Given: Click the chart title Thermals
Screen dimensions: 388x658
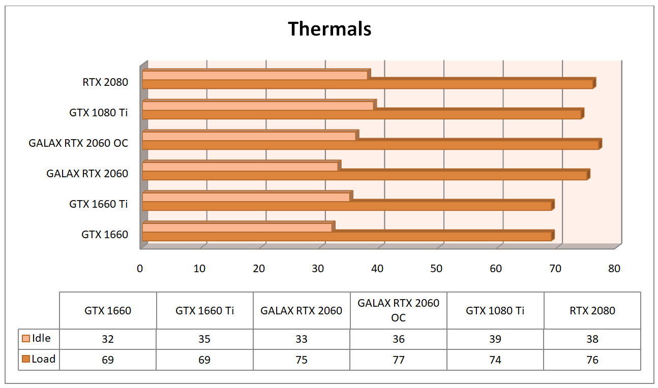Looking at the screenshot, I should click(x=330, y=29).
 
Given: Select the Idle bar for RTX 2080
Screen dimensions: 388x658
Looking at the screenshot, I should click(x=254, y=75).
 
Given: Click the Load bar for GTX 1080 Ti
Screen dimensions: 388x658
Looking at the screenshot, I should click(x=361, y=115).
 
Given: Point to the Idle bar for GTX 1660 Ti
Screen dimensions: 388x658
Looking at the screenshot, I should click(x=246, y=197).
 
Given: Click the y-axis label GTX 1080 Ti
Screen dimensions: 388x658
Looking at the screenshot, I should click(x=99, y=113).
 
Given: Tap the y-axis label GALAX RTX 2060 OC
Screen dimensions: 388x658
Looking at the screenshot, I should click(x=78, y=143).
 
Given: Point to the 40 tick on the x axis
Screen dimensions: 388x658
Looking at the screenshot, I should click(x=377, y=269).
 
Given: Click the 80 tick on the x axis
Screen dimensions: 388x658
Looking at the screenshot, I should click(x=614, y=269).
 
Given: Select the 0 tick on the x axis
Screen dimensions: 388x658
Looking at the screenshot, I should click(x=140, y=269).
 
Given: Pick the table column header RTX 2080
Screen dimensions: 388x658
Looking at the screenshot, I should click(x=592, y=310).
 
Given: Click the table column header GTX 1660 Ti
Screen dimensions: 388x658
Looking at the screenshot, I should click(x=204, y=310).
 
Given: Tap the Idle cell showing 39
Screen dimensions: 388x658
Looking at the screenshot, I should click(x=495, y=339).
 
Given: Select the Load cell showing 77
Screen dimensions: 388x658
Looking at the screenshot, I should click(x=398, y=360).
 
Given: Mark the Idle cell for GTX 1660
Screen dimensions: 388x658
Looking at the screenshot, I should click(x=108, y=339).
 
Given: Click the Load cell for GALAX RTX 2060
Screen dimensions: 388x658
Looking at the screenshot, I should click(x=301, y=360).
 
